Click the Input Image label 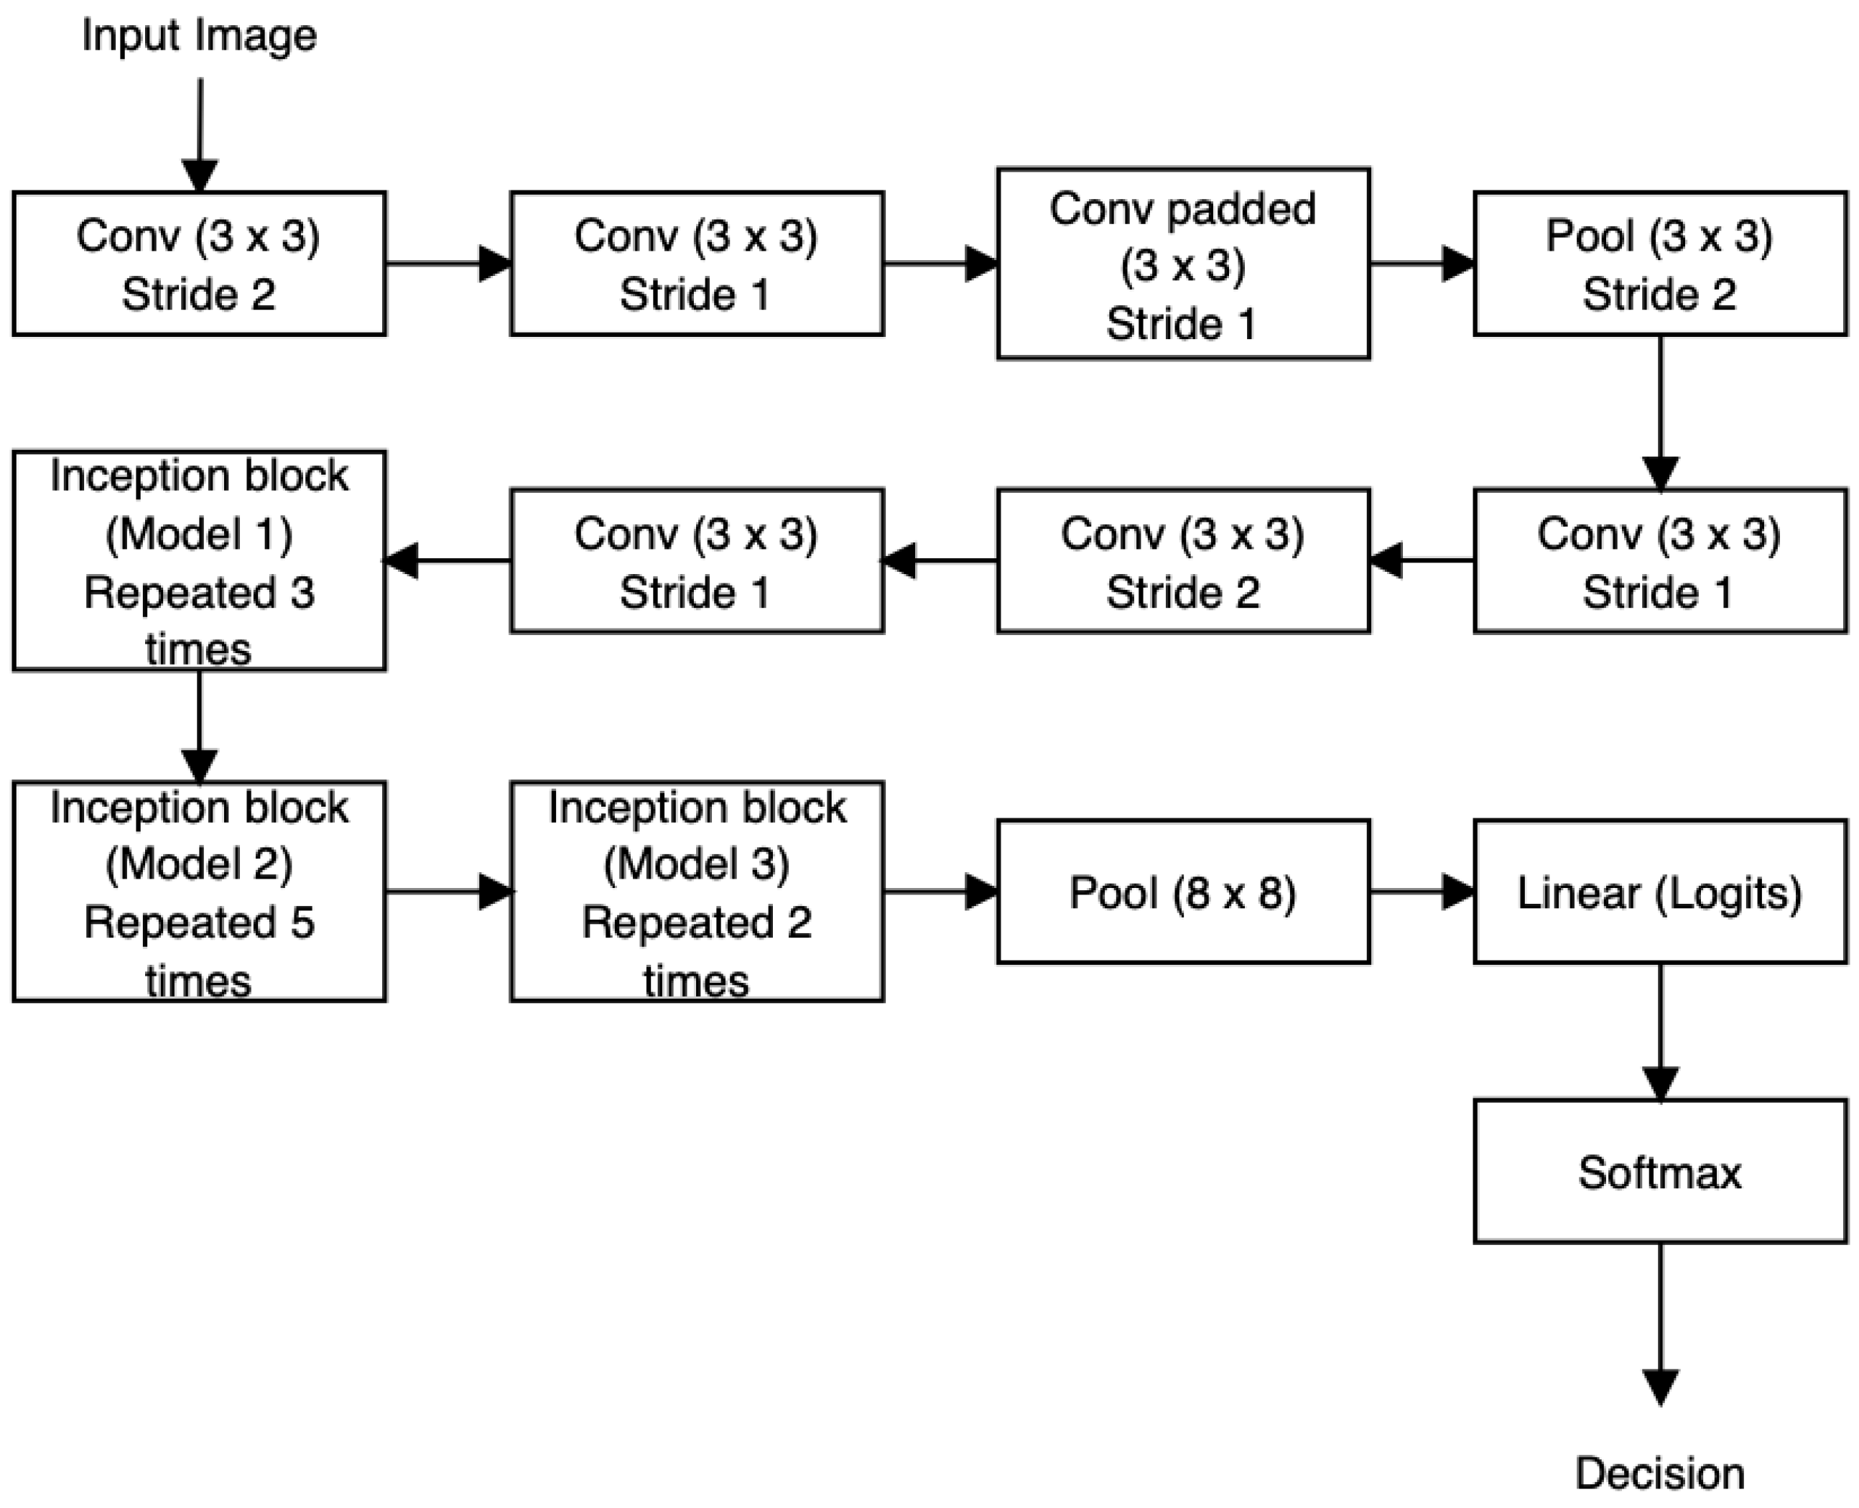[199, 37]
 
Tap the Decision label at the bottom [1659, 1474]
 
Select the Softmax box [1659, 1172]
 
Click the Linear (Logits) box [1659, 892]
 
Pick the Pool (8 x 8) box [1182, 892]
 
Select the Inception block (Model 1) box [199, 561]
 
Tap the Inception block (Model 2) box [199, 892]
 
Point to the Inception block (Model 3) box [696, 892]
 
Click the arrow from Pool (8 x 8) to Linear [1422, 892]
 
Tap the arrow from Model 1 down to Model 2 [200, 726]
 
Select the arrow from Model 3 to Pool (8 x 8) [940, 892]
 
